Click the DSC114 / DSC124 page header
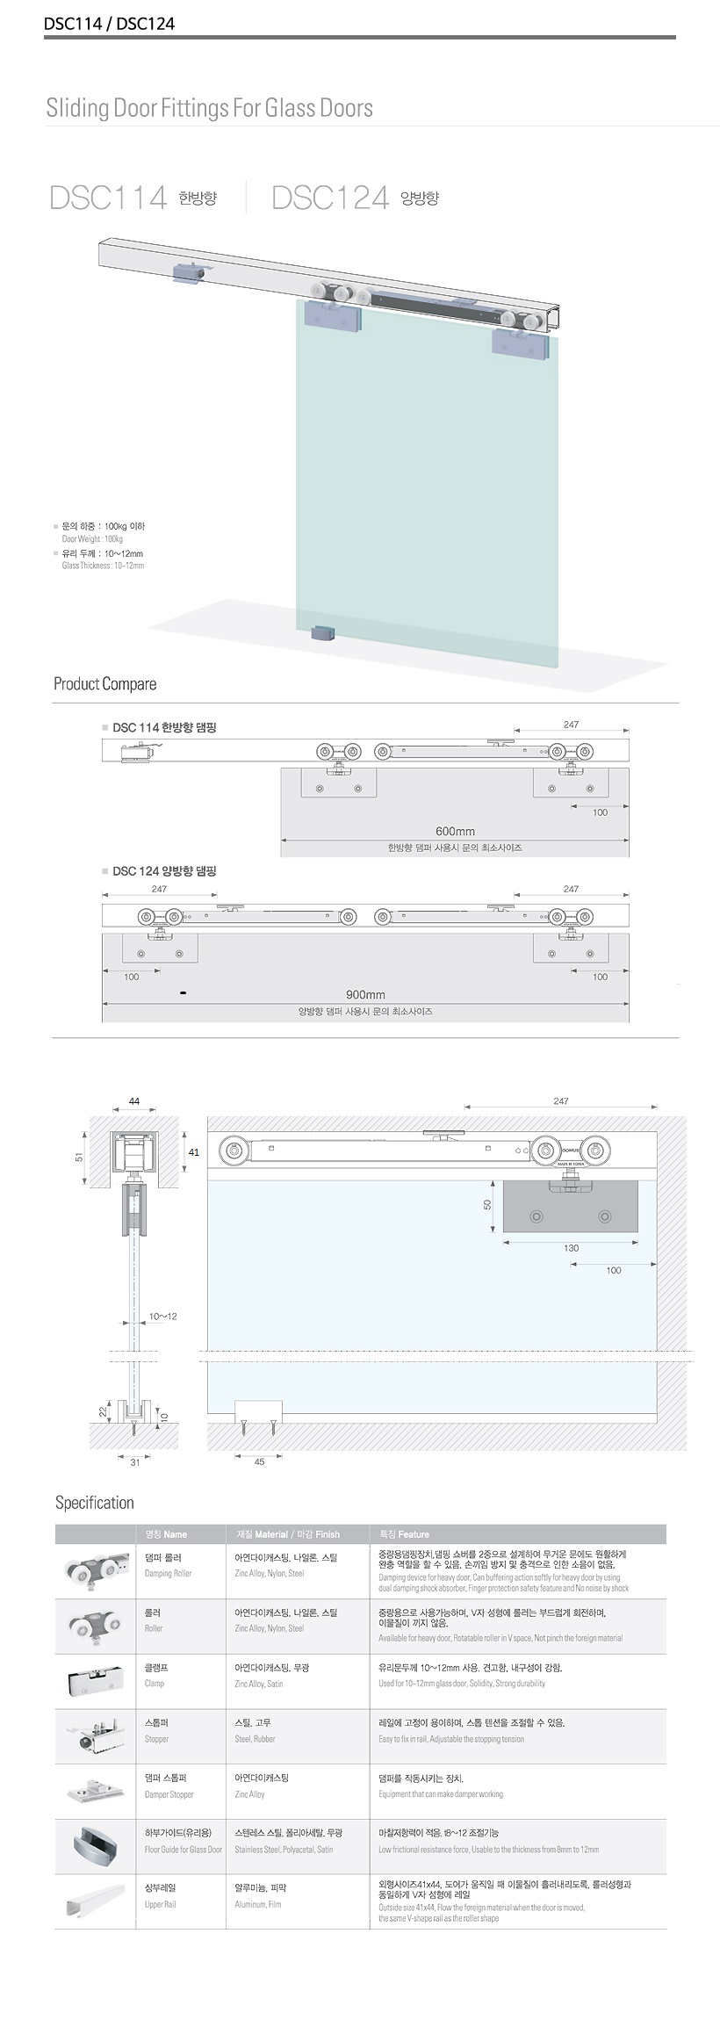pos(110,24)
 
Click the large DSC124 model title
pos(330,198)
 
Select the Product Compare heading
pos(104,684)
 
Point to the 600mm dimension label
pos(455,831)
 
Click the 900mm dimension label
pos(365,995)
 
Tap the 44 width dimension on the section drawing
pos(134,1101)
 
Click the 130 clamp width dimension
pos(571,1248)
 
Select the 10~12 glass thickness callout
pos(162,1317)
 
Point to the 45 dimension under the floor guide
pos(259,1462)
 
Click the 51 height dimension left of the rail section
pos(79,1158)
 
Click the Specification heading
pos(95,1503)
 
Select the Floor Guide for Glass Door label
pos(183,1849)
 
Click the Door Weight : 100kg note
pos(92,539)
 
